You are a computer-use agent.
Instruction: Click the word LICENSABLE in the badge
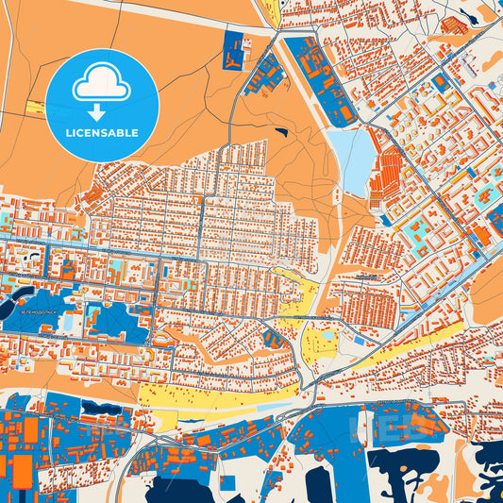pyautogui.click(x=102, y=132)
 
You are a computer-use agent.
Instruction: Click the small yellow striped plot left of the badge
pyautogui.click(x=34, y=107)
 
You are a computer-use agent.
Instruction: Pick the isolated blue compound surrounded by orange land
pyautogui.click(x=232, y=49)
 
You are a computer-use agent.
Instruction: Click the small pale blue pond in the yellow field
pyautogui.click(x=328, y=334)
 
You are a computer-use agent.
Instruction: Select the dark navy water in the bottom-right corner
pyautogui.click(x=488, y=472)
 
